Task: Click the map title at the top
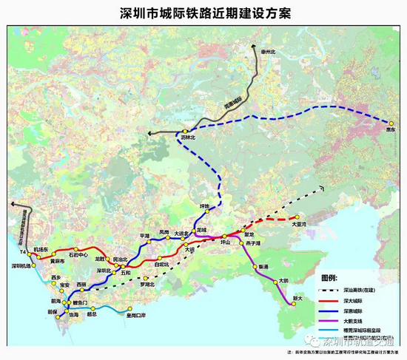(203, 12)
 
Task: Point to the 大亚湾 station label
(299, 223)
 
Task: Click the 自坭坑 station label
(161, 265)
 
